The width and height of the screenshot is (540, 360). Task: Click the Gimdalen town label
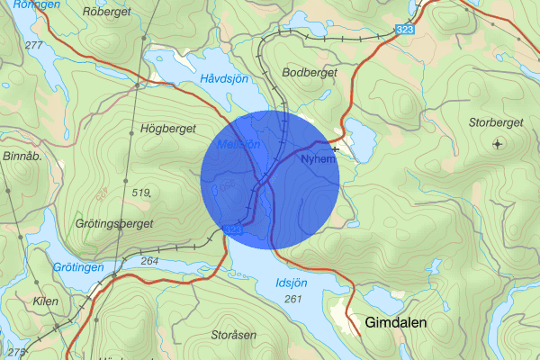[395, 322]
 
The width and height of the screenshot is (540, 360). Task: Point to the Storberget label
[496, 121]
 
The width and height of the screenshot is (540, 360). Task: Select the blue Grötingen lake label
[78, 268]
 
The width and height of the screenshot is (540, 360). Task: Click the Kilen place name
[45, 301]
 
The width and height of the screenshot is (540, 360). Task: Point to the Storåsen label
[235, 335]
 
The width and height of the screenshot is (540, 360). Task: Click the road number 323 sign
[405, 31]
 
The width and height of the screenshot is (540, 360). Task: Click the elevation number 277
[35, 44]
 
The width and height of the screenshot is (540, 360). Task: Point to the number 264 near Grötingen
[150, 261]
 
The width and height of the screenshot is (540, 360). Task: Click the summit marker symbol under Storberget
[497, 143]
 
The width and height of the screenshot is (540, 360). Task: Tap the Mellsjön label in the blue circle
[238, 144]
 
